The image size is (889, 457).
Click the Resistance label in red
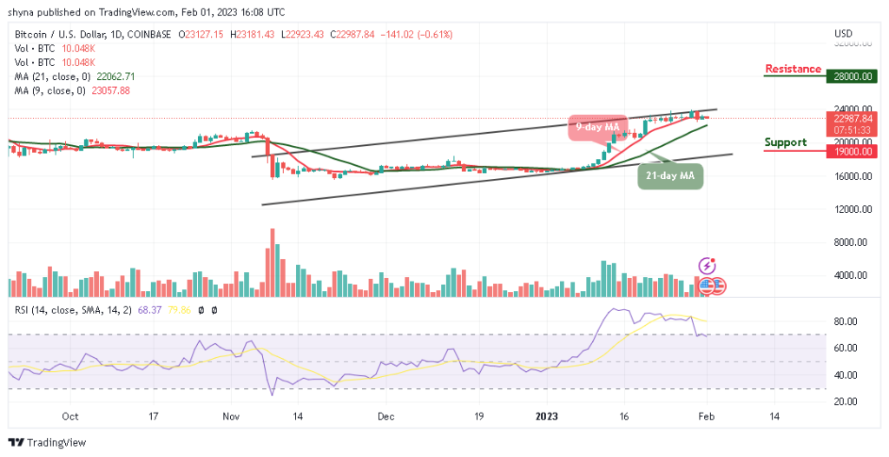[793, 69]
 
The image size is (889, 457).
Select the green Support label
[785, 142]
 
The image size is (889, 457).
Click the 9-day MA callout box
[597, 127]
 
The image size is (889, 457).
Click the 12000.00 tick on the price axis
[846, 209]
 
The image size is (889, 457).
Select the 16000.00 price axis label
[846, 176]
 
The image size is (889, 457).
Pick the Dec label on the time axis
[386, 416]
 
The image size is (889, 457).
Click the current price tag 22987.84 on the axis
[846, 119]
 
